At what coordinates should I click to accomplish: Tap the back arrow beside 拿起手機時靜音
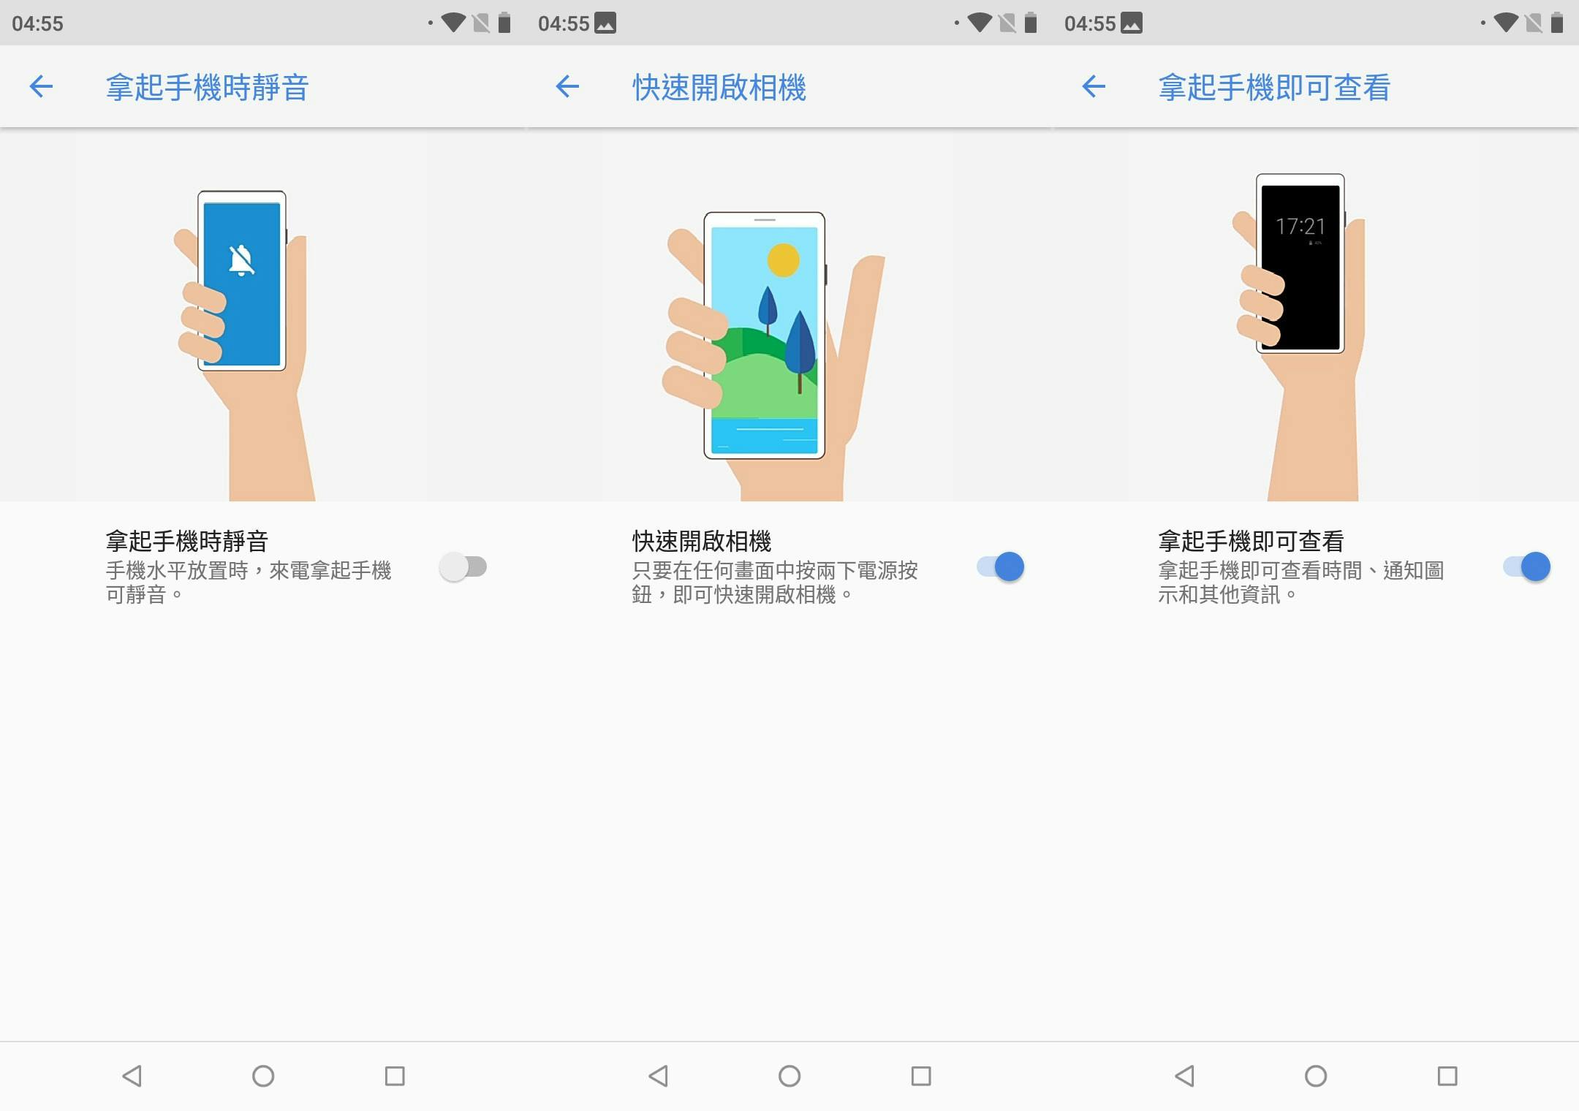pyautogui.click(x=41, y=87)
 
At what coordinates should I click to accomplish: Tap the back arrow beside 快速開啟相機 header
pyautogui.click(x=567, y=87)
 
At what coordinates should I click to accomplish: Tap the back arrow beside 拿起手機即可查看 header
pyautogui.click(x=1094, y=87)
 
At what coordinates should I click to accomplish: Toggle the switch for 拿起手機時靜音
pyautogui.click(x=463, y=566)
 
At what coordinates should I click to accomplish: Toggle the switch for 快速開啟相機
pyautogui.click(x=1001, y=566)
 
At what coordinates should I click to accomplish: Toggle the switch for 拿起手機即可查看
pyautogui.click(x=1527, y=566)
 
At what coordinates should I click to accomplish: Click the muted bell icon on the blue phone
pyautogui.click(x=241, y=260)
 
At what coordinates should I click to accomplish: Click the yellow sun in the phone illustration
pyautogui.click(x=784, y=259)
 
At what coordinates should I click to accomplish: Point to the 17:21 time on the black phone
pyautogui.click(x=1300, y=227)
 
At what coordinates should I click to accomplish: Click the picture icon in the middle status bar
pyautogui.click(x=605, y=23)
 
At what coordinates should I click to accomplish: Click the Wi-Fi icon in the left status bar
pyautogui.click(x=453, y=23)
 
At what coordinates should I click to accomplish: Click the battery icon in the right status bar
pyautogui.click(x=1557, y=23)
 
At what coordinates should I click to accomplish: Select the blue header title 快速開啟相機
pyautogui.click(x=719, y=88)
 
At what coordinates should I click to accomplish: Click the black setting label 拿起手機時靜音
pyautogui.click(x=187, y=541)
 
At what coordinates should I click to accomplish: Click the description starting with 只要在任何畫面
pyautogui.click(x=775, y=583)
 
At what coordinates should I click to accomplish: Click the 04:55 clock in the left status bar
pyautogui.click(x=38, y=23)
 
